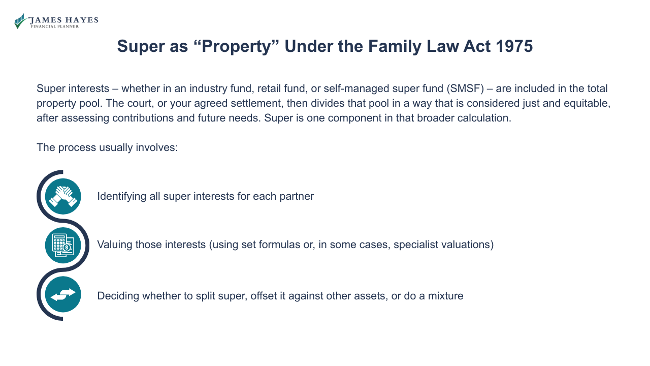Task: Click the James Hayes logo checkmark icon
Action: click(20, 21)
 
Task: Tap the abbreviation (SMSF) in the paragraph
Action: click(465, 88)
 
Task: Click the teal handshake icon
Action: click(63, 196)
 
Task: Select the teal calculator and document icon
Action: click(63, 245)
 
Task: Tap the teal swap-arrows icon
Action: click(63, 294)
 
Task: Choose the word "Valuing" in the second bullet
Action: click(114, 245)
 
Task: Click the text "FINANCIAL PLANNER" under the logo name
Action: click(55, 26)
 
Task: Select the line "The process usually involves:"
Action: click(107, 148)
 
